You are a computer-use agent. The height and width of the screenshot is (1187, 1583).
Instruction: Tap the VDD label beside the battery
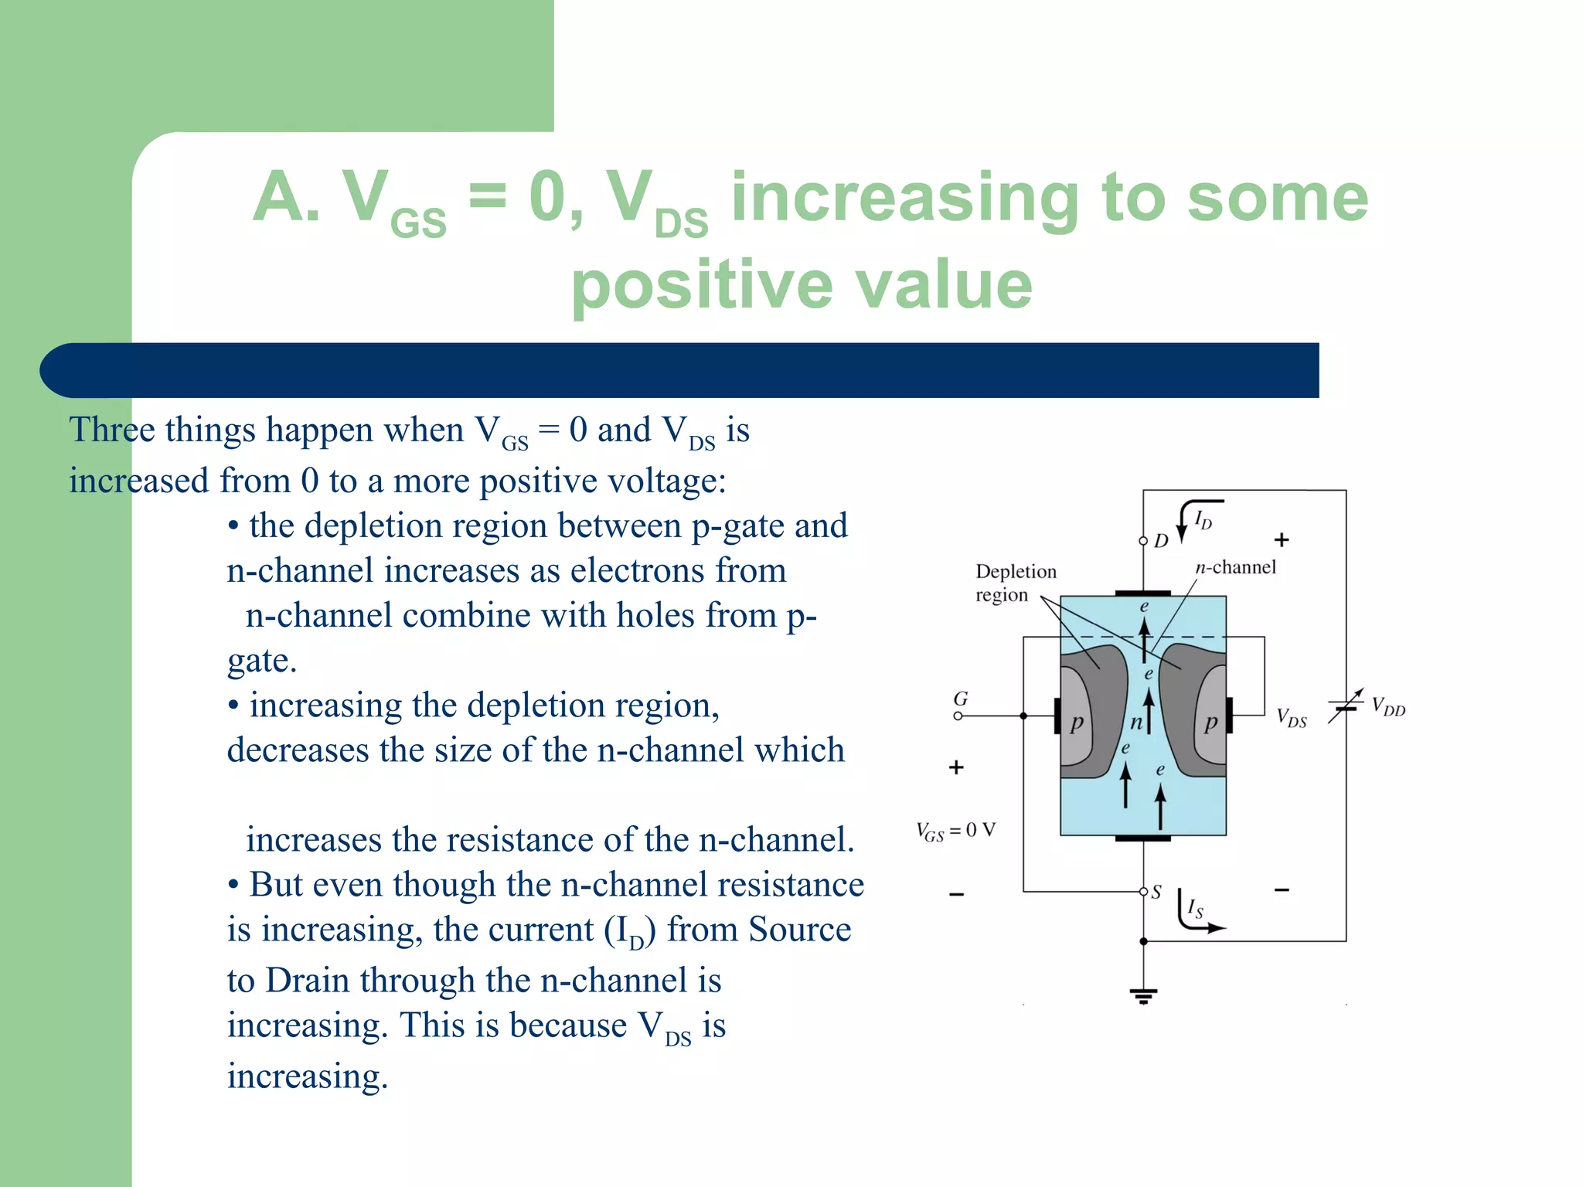pyautogui.click(x=1388, y=706)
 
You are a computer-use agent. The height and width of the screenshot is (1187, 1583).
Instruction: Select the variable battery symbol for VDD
pyautogui.click(x=1346, y=705)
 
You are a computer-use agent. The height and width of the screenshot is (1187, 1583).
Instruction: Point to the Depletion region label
pyautogui.click(x=1014, y=583)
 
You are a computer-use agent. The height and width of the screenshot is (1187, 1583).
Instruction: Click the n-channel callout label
pyautogui.click(x=1235, y=567)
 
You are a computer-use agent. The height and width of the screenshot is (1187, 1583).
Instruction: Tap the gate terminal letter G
pyautogui.click(x=961, y=699)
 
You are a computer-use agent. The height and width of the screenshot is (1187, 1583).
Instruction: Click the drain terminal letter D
pyautogui.click(x=1161, y=541)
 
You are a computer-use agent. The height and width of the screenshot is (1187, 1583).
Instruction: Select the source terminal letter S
pyautogui.click(x=1156, y=893)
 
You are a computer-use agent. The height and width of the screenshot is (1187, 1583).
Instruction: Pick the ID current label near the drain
pyautogui.click(x=1203, y=519)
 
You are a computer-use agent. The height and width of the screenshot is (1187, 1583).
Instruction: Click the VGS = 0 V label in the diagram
pyautogui.click(x=955, y=832)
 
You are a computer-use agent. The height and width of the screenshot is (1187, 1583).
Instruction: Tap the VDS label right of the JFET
pyautogui.click(x=1291, y=718)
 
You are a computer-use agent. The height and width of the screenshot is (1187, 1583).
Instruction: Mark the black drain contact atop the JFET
pyautogui.click(x=1142, y=593)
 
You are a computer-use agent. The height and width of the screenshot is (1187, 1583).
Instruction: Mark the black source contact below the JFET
pyautogui.click(x=1142, y=838)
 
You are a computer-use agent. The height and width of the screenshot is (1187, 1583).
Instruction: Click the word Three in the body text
pyautogui.click(x=111, y=430)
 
